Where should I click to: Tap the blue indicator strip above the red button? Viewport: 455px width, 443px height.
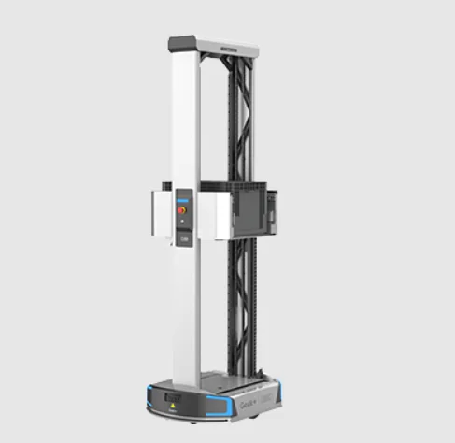[183, 196]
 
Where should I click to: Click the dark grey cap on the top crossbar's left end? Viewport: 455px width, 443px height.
[182, 43]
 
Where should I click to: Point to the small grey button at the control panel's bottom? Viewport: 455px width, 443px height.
[183, 239]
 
